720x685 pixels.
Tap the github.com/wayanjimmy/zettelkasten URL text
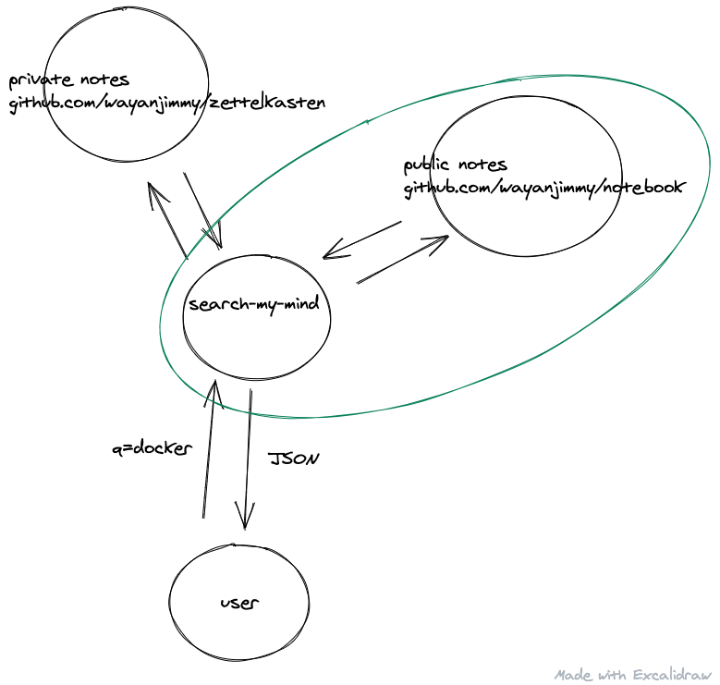[167, 103]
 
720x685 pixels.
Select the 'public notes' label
[455, 165]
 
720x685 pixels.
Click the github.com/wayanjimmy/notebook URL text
[543, 188]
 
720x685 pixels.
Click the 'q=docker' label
[151, 448]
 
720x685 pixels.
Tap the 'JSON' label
[293, 458]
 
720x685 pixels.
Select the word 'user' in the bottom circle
[239, 603]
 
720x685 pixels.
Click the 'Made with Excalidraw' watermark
[633, 674]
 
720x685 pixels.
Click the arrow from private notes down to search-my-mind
[203, 211]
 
